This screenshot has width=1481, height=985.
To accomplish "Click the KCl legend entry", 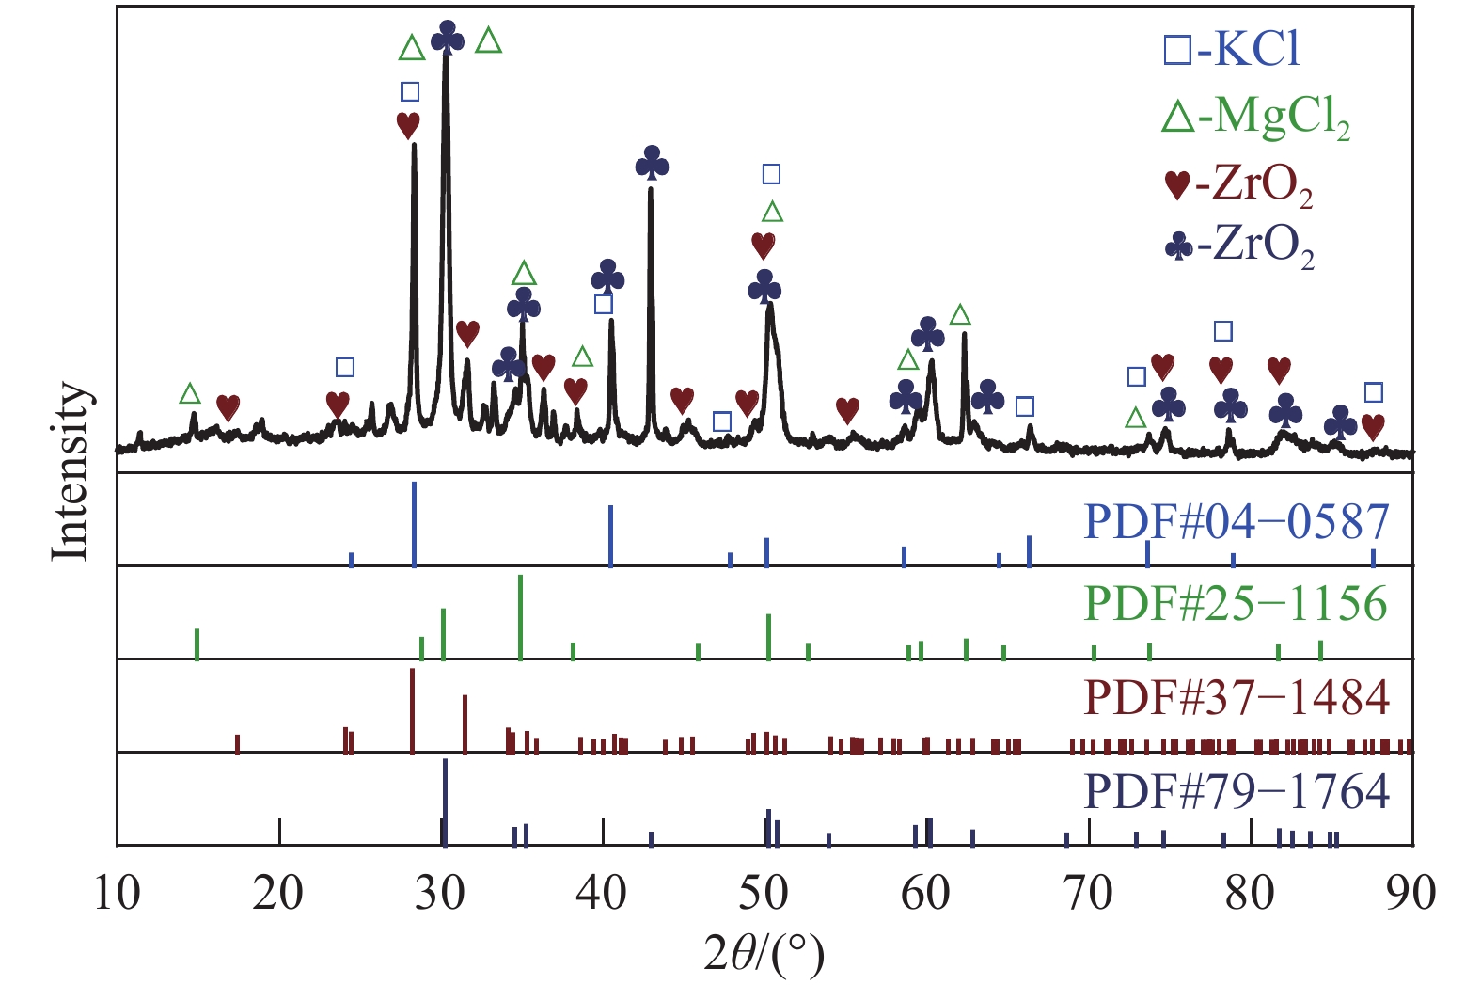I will point(1232,49).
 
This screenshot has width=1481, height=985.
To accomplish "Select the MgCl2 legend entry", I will point(1255,119).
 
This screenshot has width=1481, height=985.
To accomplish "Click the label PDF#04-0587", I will point(1236,521).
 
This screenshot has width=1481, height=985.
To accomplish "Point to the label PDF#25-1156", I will point(1236,604).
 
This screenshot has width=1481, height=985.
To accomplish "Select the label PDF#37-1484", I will point(1236,697).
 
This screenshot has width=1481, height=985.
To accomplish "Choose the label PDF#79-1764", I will point(1236,791).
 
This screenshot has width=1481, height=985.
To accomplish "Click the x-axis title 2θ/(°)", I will point(764,955).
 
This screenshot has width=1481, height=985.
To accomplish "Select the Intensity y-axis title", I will point(71,470).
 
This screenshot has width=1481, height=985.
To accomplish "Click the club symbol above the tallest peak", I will point(448,39).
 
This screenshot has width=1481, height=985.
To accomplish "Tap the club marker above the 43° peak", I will point(652,164).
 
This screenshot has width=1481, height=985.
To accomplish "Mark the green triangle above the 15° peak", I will point(191,393).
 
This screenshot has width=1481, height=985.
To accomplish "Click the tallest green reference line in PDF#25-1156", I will point(520,616).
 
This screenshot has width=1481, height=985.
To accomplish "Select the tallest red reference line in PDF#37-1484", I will point(412,710).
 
